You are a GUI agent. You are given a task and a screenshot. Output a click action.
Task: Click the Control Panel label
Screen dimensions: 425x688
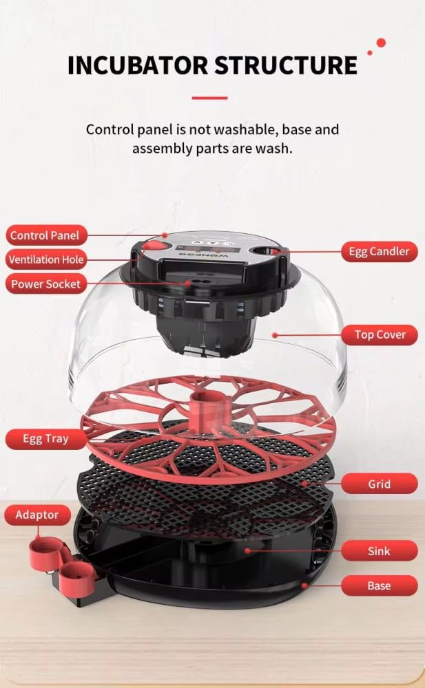coord(46,235)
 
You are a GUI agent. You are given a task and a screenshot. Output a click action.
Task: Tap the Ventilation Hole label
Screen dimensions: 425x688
coord(46,259)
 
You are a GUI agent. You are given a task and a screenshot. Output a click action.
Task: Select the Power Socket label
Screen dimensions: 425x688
coord(46,284)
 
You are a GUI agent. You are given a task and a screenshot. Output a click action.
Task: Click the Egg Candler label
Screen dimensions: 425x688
coord(380,251)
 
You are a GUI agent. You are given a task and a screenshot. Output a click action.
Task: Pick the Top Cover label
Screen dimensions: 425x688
coord(380,335)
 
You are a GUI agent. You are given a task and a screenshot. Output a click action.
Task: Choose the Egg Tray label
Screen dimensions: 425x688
coord(46,439)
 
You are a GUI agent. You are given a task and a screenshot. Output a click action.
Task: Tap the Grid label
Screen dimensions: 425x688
coord(380,484)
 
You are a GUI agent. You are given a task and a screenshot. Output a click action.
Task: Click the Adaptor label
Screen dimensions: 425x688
coord(37,515)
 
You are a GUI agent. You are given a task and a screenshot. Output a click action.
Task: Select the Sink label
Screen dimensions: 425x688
coord(380,550)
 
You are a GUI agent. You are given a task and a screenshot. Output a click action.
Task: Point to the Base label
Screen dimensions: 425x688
coord(380,585)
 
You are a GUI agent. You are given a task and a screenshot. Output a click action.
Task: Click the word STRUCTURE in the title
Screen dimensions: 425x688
coord(286,65)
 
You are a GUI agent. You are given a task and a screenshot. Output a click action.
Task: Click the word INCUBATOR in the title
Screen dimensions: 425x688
coord(138,65)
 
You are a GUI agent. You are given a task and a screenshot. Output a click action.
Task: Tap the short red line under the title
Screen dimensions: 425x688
coord(209,98)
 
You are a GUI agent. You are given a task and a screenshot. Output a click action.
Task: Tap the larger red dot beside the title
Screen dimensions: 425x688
coord(381,43)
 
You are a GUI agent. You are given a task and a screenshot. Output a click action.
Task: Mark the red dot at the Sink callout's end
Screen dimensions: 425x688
coord(248,550)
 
